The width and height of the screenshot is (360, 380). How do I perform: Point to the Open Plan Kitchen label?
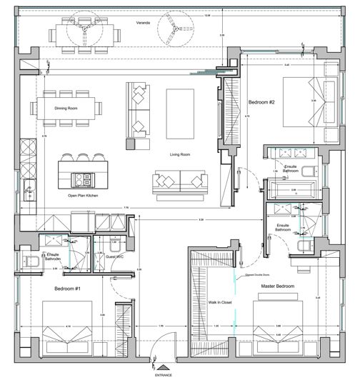(x=82, y=194)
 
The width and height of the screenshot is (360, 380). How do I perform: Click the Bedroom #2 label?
(x=261, y=101)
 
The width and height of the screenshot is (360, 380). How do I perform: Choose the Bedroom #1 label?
(x=69, y=289)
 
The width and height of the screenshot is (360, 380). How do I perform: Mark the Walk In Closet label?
(x=218, y=302)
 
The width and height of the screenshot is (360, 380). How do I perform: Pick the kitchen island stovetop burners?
(x=89, y=177)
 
